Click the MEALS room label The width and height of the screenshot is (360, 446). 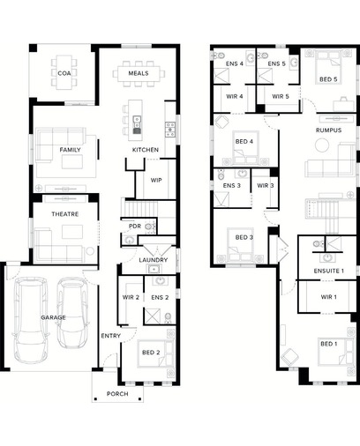tap(139, 73)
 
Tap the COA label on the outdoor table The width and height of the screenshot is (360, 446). tap(64, 73)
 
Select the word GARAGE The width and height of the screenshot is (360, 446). tap(53, 317)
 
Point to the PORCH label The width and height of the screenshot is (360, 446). tap(117, 394)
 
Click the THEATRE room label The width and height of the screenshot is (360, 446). tap(65, 214)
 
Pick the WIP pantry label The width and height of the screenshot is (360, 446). tap(156, 180)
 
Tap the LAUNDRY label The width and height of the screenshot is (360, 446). tap(154, 260)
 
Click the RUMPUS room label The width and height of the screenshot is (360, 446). tap(329, 130)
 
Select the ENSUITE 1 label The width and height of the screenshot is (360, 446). tap(329, 271)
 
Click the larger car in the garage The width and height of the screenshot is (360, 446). tap(31, 320)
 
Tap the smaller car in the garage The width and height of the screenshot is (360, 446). tap(72, 313)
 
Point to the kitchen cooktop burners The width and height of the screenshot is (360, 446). tap(170, 130)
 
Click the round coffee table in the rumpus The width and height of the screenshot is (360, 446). tap(322, 145)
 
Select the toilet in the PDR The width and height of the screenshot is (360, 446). tap(150, 227)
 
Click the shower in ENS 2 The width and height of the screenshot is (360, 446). tap(152, 316)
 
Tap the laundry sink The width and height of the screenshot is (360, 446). tap(154, 269)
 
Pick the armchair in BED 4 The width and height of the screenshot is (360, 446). tap(221, 122)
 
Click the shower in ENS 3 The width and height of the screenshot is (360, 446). tap(221, 199)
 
